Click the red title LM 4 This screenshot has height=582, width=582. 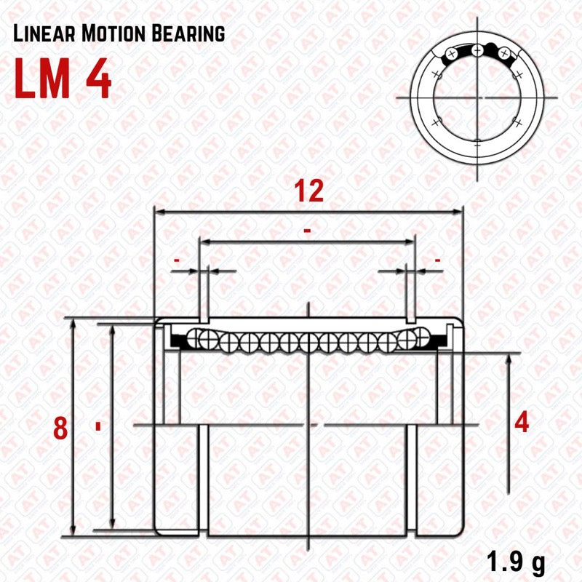[63, 79]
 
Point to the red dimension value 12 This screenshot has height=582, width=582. [308, 191]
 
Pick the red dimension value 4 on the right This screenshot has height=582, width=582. [521, 423]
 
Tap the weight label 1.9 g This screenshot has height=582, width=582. [515, 561]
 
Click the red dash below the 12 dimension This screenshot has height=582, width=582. [308, 231]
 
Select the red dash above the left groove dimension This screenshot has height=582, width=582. [176, 259]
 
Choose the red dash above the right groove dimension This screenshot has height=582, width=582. [437, 259]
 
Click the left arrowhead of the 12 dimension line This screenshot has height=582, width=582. [158, 212]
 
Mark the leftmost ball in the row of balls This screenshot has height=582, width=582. [195, 337]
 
